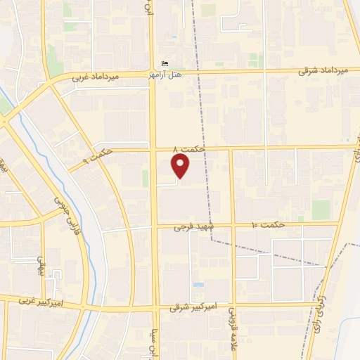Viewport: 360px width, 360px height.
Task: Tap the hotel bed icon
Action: coord(165,64)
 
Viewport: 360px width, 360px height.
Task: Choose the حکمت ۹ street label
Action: coord(101,153)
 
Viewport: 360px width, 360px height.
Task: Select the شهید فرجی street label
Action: coord(193,227)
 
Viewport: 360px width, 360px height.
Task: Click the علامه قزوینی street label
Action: coord(230,330)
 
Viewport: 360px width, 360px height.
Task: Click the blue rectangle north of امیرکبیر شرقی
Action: coord(198,285)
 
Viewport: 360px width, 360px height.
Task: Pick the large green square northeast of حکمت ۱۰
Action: coord(321,210)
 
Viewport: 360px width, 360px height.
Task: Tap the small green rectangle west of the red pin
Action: coord(146,178)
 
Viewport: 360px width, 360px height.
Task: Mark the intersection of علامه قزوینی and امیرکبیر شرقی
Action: coord(233,306)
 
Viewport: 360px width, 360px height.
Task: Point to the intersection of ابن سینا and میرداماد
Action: coord(153,73)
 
